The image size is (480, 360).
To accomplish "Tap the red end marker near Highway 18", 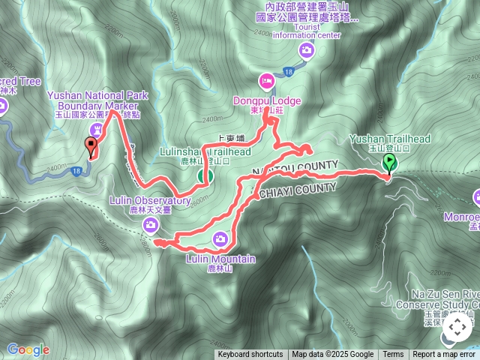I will coord(93,148).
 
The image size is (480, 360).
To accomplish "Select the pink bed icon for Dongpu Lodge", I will coord(266,81).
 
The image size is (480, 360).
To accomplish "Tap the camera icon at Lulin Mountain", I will coord(220,240).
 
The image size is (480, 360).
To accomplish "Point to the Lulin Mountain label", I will coord(220,259).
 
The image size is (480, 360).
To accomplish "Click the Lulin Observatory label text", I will coord(150,201).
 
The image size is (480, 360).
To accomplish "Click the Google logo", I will coord(28,349).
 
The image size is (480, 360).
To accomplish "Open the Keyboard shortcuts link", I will coord(250,355).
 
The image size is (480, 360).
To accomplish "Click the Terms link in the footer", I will coord(393,355).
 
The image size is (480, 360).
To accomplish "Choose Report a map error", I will coord(444,355).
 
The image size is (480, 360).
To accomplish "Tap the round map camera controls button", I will coord(457,328).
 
